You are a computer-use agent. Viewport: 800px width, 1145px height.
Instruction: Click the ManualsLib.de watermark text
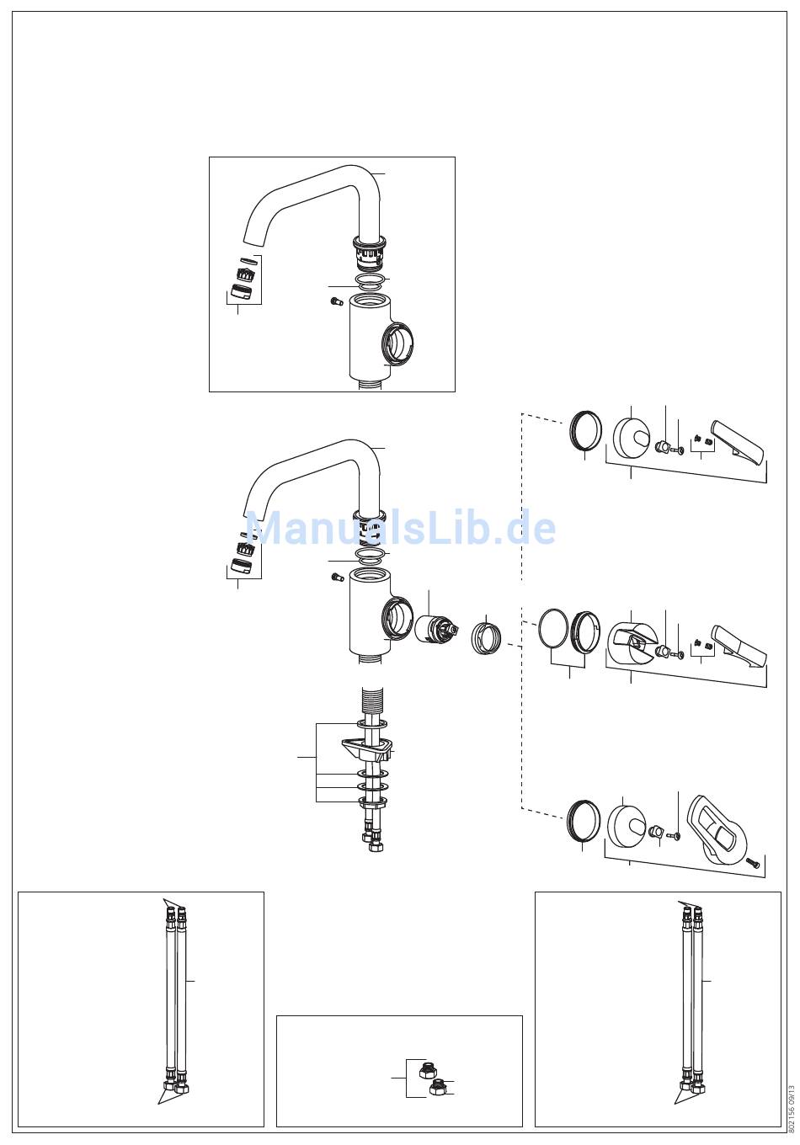tap(400, 529)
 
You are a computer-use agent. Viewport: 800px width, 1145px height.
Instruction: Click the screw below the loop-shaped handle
tap(754, 863)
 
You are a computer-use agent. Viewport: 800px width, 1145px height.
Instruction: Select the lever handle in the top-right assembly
tap(739, 442)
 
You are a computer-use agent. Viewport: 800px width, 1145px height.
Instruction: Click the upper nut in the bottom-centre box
tap(427, 1070)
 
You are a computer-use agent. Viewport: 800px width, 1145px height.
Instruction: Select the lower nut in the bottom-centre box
tap(437, 1089)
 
